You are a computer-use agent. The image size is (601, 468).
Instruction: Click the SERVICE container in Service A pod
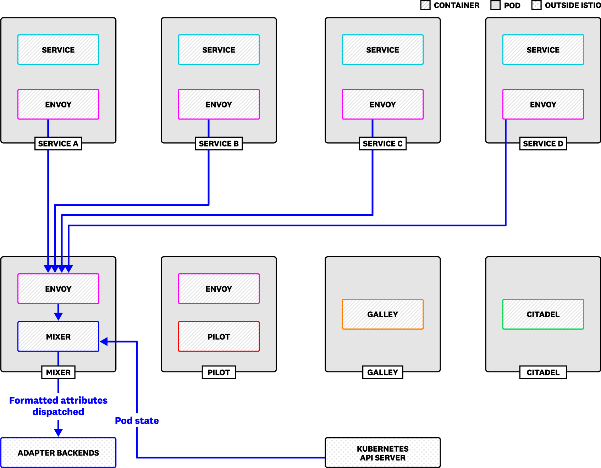(x=58, y=50)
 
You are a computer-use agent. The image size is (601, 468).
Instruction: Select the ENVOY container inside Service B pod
(x=219, y=104)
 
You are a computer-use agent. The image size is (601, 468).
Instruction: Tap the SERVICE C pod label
(x=382, y=144)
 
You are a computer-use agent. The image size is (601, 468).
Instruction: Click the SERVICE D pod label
(x=543, y=144)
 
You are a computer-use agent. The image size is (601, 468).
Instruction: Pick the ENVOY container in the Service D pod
(x=543, y=104)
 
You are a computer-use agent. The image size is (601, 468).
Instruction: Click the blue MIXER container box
(x=58, y=336)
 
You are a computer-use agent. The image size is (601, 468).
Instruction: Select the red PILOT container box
(x=219, y=336)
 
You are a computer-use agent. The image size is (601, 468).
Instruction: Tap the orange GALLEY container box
(x=382, y=314)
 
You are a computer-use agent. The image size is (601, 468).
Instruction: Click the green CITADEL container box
(x=543, y=314)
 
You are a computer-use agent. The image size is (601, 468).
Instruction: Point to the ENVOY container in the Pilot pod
(x=219, y=289)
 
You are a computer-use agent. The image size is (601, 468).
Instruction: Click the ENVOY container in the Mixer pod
(x=58, y=289)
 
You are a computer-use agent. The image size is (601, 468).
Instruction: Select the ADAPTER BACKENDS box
(x=58, y=453)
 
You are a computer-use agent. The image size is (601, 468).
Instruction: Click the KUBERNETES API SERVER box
(x=382, y=453)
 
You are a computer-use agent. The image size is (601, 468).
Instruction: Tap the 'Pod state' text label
(x=137, y=421)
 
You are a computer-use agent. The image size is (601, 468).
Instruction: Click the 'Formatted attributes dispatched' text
(x=58, y=406)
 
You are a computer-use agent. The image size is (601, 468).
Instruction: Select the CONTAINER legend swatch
(x=425, y=5)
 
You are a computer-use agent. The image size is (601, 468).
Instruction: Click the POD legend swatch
(x=495, y=5)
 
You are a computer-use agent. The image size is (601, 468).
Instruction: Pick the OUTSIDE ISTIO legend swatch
(x=536, y=5)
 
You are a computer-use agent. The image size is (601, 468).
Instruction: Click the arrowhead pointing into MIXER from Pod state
(x=104, y=342)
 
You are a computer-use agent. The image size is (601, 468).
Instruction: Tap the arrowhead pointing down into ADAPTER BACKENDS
(x=58, y=433)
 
